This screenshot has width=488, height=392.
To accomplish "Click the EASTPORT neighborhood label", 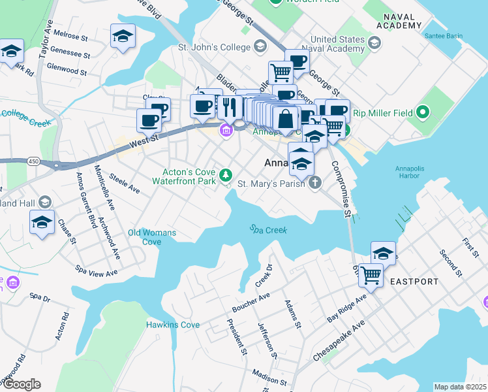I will click(414, 282).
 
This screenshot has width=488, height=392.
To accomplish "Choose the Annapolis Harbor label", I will click(414, 171).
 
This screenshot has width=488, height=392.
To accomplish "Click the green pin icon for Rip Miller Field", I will click(422, 112).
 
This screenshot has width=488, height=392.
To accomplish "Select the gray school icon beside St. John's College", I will click(260, 46).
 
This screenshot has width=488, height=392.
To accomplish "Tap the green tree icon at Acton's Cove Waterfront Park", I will click(226, 174).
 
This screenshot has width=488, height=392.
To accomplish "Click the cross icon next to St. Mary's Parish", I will click(315, 182).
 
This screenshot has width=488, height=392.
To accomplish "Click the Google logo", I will click(21, 384).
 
